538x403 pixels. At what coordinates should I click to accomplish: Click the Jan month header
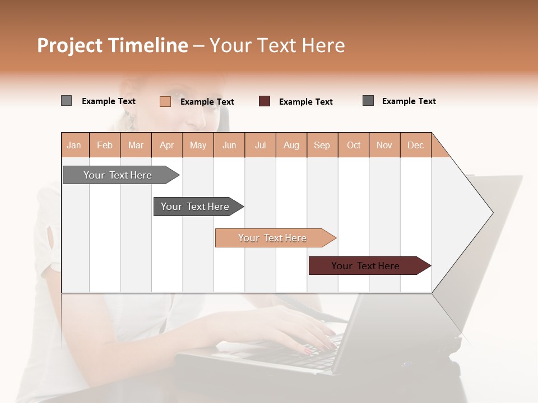[x=75, y=145]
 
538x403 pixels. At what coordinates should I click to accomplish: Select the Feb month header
[x=105, y=145]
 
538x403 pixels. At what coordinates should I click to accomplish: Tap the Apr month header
[x=166, y=145]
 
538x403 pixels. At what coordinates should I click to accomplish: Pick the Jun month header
[x=229, y=145]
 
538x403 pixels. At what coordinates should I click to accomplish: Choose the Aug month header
[x=291, y=145]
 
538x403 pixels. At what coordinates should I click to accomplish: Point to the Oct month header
[x=354, y=145]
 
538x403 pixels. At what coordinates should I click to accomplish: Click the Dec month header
[x=415, y=145]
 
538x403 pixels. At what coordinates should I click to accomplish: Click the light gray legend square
[x=66, y=101]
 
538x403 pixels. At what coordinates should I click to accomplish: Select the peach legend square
[x=165, y=101]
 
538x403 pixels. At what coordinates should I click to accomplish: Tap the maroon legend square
[x=265, y=101]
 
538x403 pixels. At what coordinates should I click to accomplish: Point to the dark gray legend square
[x=368, y=101]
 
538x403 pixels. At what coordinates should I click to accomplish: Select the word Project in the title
[x=70, y=45]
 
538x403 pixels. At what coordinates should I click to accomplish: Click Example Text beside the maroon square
[x=305, y=102]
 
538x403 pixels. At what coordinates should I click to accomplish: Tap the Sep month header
[x=322, y=145]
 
